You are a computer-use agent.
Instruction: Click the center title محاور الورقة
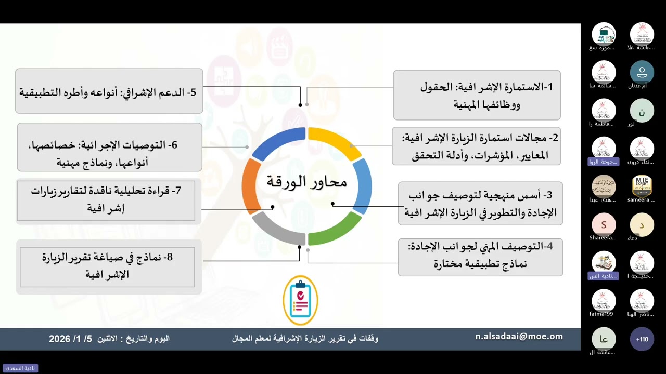[306, 182]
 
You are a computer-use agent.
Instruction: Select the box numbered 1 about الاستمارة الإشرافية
[477, 95]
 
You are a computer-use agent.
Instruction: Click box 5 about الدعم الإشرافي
[109, 91]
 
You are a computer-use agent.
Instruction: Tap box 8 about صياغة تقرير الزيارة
[108, 266]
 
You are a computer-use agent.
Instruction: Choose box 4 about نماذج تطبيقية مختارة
[480, 256]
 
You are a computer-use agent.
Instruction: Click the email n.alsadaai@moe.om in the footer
[519, 337]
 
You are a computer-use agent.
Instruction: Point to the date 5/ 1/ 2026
[70, 339]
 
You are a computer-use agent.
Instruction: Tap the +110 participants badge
[642, 339]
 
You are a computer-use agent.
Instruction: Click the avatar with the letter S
[604, 225]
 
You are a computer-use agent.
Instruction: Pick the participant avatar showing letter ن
[642, 111]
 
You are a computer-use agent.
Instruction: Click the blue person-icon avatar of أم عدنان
[642, 73]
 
